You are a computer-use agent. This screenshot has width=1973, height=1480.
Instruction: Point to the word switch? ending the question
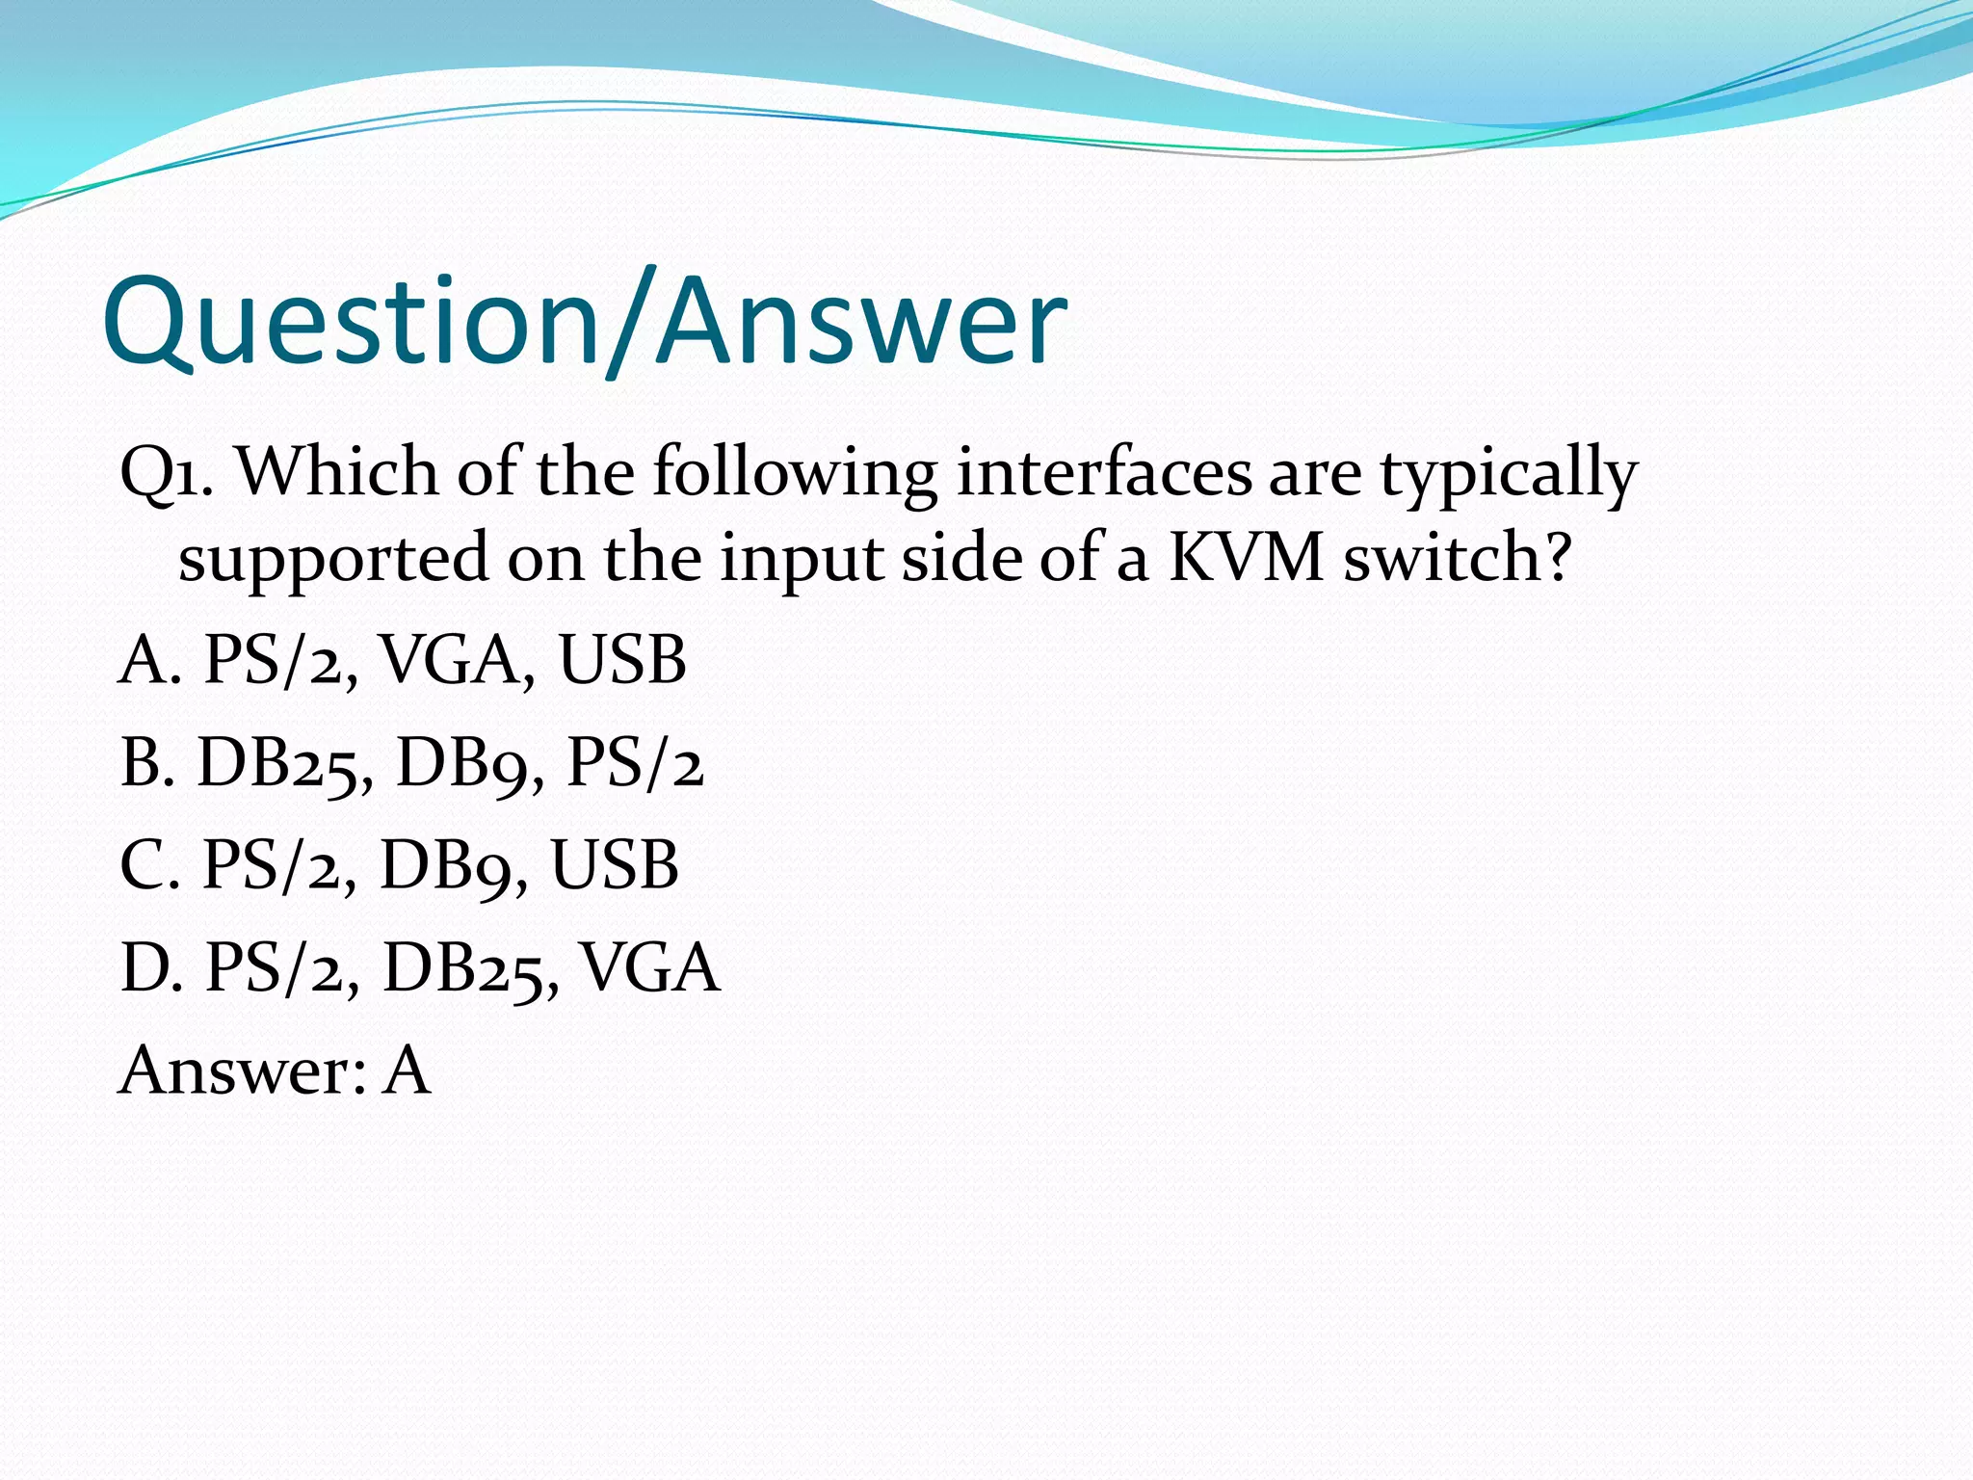[x=1458, y=558]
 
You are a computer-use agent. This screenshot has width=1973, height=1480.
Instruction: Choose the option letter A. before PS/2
[x=149, y=661]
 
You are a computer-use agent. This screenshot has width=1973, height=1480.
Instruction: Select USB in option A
[x=622, y=661]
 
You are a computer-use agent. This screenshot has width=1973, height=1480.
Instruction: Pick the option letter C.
[x=149, y=865]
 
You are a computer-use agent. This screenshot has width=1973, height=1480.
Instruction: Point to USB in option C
[x=615, y=865]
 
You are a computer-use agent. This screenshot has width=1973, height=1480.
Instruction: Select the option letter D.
[x=151, y=967]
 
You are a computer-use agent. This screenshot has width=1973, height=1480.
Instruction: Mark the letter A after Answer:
[x=406, y=1070]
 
